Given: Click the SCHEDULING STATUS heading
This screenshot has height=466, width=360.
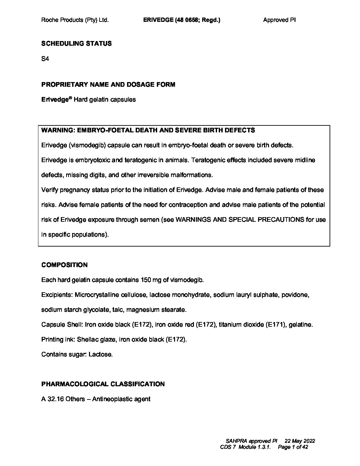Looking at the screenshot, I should tap(76, 43).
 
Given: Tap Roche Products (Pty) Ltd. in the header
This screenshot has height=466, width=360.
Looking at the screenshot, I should tap(75, 20).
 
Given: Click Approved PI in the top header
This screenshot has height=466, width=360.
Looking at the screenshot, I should tap(279, 20).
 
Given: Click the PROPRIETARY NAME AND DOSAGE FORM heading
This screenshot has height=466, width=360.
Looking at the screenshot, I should tap(108, 84).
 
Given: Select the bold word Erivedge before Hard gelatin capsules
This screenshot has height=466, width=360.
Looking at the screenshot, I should tap(55, 99).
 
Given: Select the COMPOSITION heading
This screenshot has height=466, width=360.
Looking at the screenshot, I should tap(65, 265).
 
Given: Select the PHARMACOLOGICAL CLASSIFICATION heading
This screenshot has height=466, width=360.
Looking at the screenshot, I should tap(103, 384).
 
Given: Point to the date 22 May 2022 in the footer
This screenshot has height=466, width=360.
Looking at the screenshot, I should tap(300, 441).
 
